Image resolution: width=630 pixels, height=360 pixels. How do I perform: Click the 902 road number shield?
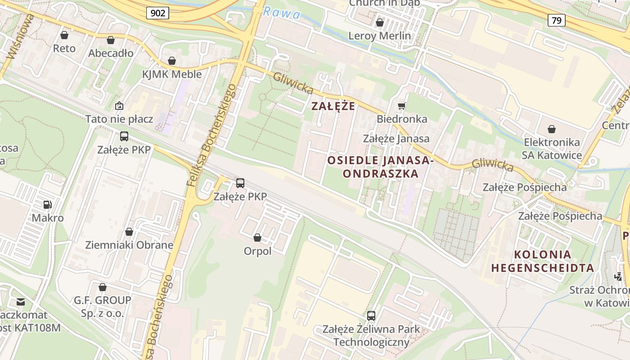pyautogui.click(x=157, y=13)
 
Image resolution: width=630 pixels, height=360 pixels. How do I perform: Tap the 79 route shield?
pyautogui.click(x=557, y=20)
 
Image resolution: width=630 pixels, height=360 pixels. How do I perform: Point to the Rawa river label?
pyautogui.click(x=282, y=13)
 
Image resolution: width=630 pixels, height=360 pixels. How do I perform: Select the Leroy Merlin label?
pyautogui.click(x=379, y=36)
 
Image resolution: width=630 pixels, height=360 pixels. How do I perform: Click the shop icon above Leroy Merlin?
pyautogui.click(x=379, y=22)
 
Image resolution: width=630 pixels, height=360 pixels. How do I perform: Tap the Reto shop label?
pyautogui.click(x=64, y=48)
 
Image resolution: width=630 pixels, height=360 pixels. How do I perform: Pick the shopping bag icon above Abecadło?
pyautogui.click(x=111, y=40)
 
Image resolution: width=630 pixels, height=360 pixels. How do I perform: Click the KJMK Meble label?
pyautogui.click(x=172, y=74)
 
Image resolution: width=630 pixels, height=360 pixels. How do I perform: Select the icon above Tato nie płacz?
pyautogui.click(x=119, y=106)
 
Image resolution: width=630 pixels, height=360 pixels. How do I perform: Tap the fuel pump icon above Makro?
pyautogui.click(x=47, y=205)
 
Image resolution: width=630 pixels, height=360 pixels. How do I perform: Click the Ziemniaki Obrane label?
pyautogui.click(x=129, y=245)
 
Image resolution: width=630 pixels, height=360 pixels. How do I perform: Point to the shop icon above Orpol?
pyautogui.click(x=257, y=238)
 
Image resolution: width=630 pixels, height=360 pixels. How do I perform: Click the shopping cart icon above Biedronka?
pyautogui.click(x=401, y=106)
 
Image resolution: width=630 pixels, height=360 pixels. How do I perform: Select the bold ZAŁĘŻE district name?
pyautogui.click(x=333, y=106)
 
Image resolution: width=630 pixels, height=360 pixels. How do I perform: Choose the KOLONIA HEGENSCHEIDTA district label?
pyautogui.click(x=542, y=261)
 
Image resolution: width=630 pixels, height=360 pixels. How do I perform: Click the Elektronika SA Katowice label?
pyautogui.click(x=552, y=149)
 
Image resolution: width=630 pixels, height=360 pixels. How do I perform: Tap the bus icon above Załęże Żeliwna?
pyautogui.click(x=371, y=316)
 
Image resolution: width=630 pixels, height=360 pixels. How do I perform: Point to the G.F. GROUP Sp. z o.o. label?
pyautogui.click(x=103, y=306)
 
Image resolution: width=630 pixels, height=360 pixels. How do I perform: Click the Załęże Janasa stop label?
pyautogui.click(x=396, y=139)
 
